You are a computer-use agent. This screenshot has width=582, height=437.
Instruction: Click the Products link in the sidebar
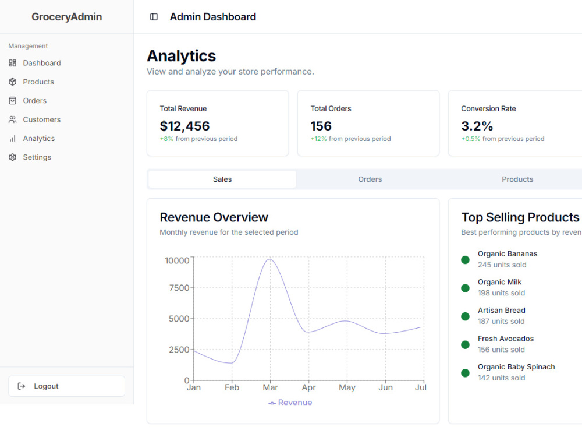(x=38, y=82)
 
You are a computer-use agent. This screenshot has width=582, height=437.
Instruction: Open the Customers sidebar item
(x=41, y=119)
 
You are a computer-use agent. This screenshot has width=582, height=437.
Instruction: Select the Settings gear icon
(x=13, y=157)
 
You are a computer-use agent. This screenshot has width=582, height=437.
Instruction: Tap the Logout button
(x=67, y=386)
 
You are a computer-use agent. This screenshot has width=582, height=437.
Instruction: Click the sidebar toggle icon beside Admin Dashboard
(x=154, y=17)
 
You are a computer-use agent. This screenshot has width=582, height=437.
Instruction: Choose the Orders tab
(x=370, y=179)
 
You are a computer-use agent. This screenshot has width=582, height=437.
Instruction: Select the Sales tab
(x=222, y=179)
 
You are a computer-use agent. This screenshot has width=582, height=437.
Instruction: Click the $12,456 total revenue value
(x=185, y=126)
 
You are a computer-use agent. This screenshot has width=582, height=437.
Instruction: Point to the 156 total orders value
(x=321, y=126)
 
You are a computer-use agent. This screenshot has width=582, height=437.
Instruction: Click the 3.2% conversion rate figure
(x=477, y=126)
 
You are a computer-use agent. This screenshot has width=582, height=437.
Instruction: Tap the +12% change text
(x=319, y=139)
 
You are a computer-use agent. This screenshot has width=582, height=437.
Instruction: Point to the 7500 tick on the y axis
(x=179, y=288)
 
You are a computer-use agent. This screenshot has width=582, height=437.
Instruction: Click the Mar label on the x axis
(x=270, y=387)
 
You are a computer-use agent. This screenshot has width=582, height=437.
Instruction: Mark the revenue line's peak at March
(x=269, y=259)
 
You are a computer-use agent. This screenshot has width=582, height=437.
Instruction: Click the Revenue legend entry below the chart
(x=290, y=403)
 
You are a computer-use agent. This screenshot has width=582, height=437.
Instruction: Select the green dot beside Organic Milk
(x=465, y=288)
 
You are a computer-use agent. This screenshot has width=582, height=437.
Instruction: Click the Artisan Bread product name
(x=502, y=311)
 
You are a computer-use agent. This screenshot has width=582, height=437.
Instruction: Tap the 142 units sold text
(x=502, y=378)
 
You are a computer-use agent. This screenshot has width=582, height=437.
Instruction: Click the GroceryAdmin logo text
(x=67, y=17)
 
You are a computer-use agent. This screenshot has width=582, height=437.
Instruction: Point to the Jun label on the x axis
(x=386, y=387)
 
